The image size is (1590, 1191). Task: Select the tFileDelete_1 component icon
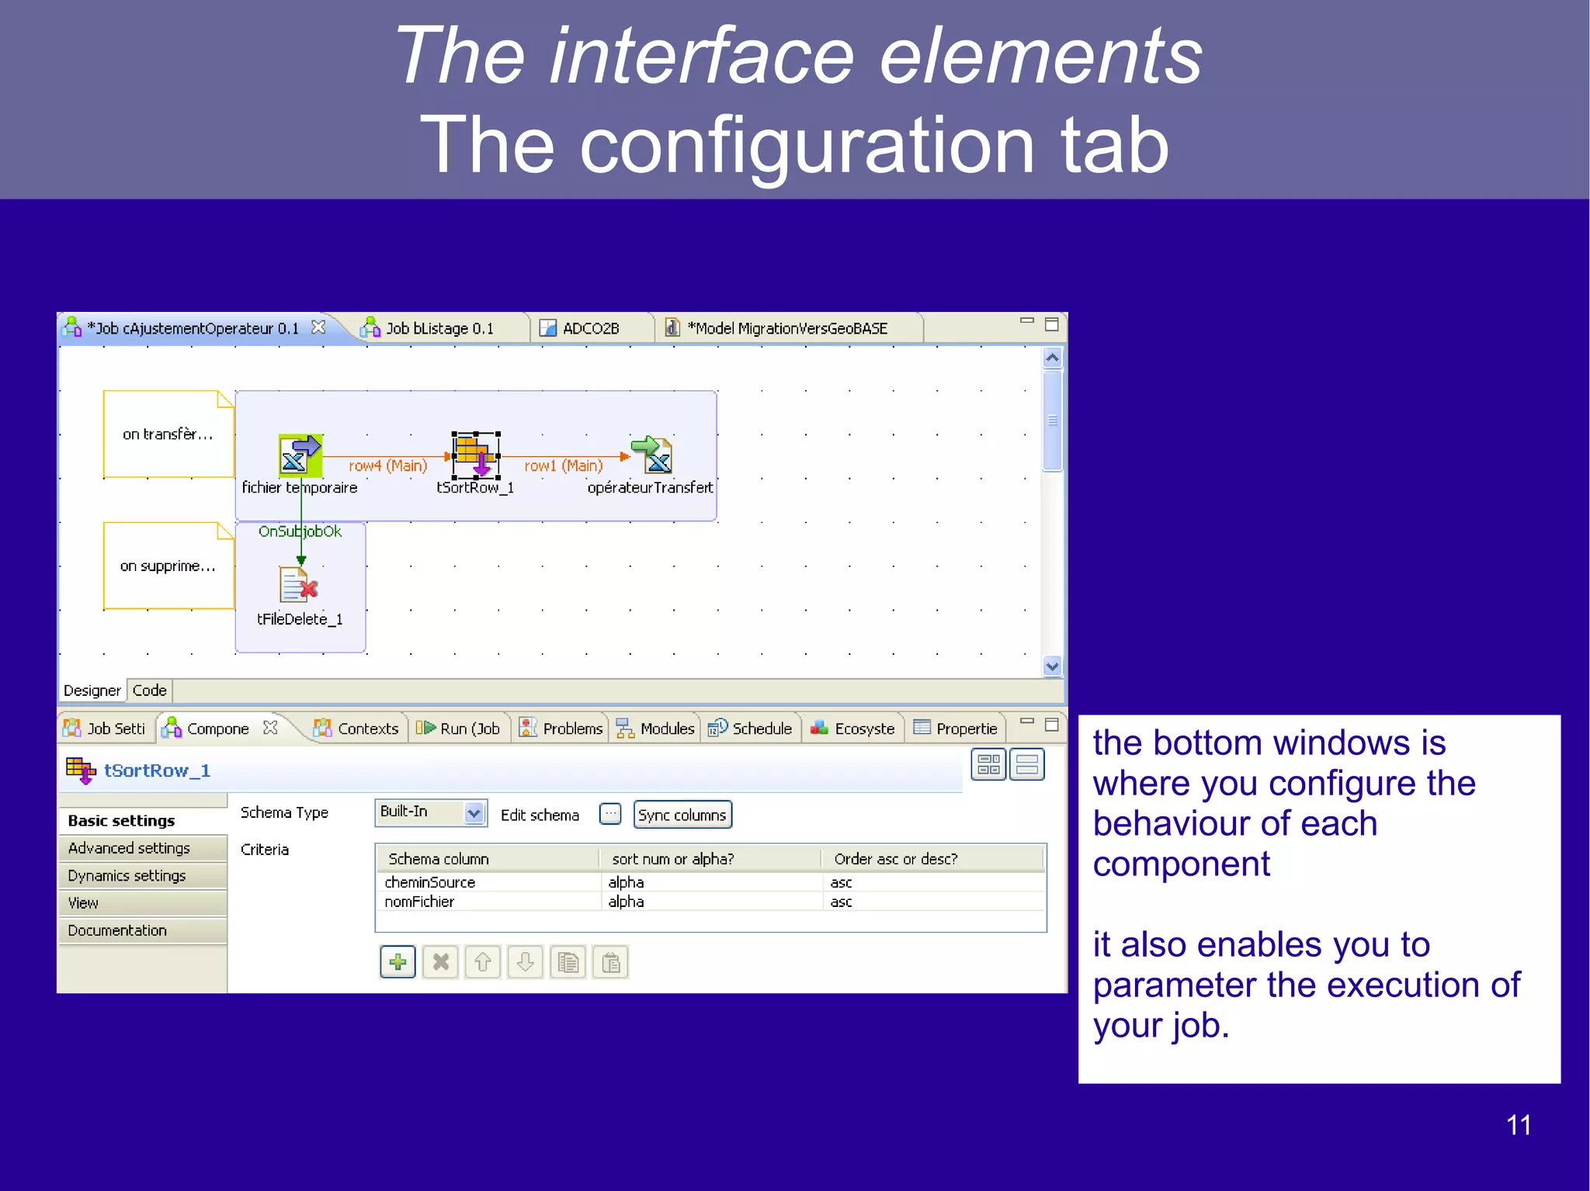point(298,586)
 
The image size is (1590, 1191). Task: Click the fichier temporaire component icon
point(300,455)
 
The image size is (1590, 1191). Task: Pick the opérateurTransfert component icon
point(653,455)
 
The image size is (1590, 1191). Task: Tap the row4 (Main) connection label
point(387,466)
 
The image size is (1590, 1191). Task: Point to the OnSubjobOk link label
point(300,531)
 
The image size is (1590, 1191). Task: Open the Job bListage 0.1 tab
point(439,328)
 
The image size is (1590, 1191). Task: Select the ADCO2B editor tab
point(590,328)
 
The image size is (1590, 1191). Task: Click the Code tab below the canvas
point(149,690)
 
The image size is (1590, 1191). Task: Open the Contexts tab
point(367,729)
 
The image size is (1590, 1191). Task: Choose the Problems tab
point(572,729)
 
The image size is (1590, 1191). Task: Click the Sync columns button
point(682,815)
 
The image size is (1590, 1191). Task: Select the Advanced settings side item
point(129,848)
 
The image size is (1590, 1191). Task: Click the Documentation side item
point(117,930)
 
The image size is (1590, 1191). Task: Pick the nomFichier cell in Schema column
point(420,902)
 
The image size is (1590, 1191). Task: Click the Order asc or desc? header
point(895,859)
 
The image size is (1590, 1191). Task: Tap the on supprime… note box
point(168,566)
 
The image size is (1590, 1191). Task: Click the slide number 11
point(1518,1125)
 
